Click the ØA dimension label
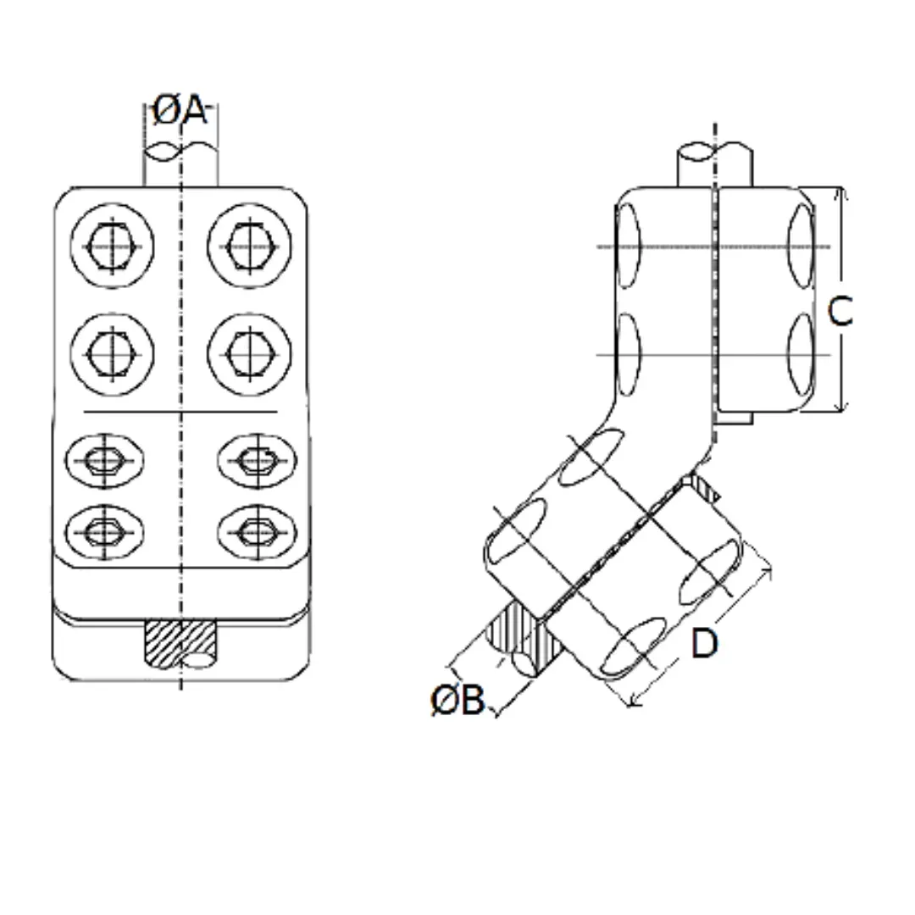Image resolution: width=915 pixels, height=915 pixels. pos(179,110)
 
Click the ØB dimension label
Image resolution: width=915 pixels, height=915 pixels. pos(457,701)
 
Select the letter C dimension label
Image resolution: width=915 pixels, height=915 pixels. pos(840,312)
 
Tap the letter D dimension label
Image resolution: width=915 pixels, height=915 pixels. pos(704,644)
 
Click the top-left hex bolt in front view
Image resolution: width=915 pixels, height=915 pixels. pos(113,246)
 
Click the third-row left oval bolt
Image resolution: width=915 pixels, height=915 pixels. pos(105,461)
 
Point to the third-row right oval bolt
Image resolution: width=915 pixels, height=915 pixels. pos(256,461)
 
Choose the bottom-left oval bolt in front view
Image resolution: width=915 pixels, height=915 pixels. pos(105,532)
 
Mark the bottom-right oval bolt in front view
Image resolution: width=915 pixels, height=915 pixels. pos(256,532)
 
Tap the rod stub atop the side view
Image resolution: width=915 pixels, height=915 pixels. pos(714,166)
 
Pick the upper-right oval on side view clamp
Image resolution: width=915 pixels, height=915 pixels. pos(800,246)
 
